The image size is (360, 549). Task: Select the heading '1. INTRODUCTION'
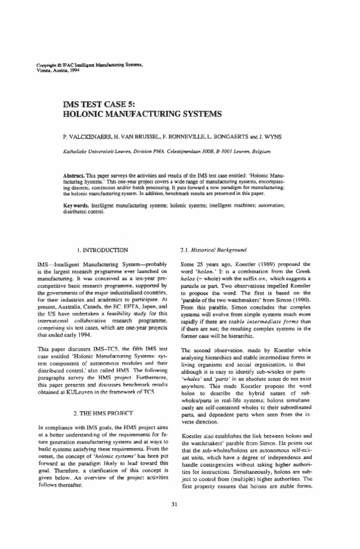point(103,248)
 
